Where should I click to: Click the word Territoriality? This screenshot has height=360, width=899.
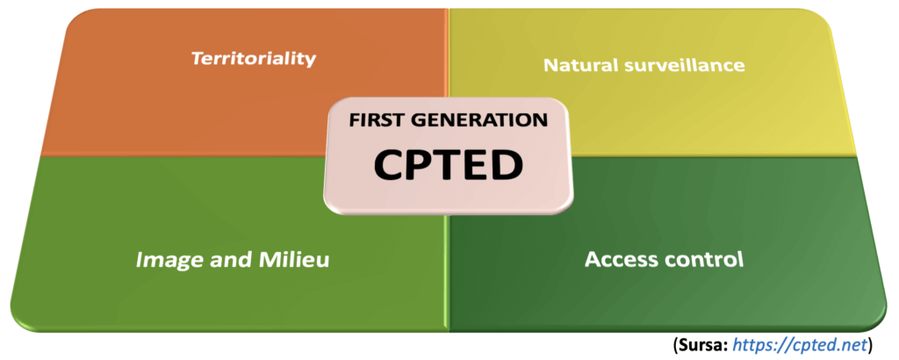click(253, 59)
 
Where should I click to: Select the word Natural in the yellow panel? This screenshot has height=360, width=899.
click(575, 65)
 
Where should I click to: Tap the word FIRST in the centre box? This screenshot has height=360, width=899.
click(380, 120)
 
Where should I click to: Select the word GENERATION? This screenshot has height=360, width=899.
click(479, 120)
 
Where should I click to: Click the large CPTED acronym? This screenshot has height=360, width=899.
click(449, 165)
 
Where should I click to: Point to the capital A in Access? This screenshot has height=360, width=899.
click(593, 260)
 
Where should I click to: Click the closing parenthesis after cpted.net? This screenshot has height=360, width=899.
click(869, 342)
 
